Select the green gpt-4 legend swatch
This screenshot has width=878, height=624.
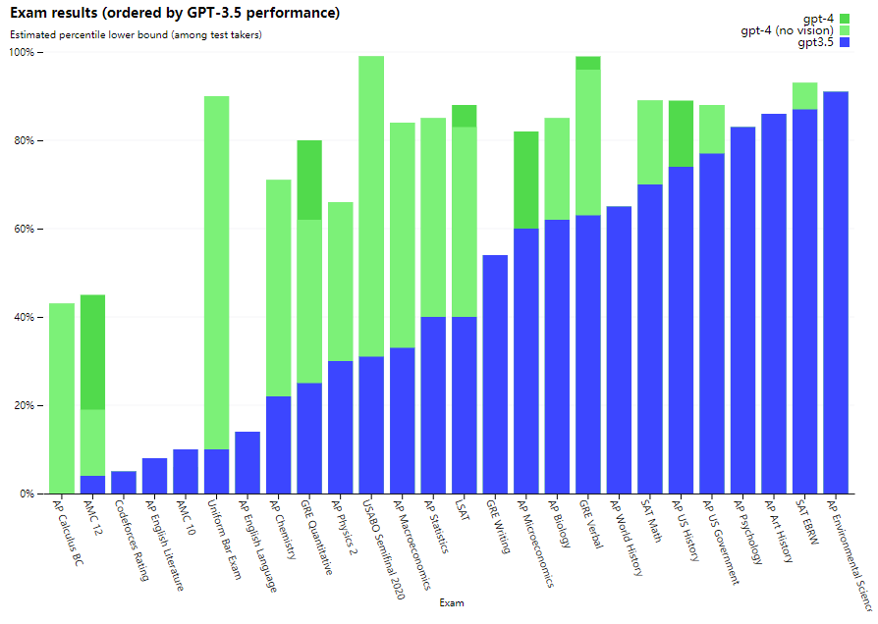pos(844,19)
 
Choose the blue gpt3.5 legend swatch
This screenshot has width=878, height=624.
pos(844,43)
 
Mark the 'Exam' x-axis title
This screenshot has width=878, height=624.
pos(452,602)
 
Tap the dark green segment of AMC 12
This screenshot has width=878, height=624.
pos(92,352)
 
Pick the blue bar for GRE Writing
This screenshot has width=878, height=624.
pos(495,374)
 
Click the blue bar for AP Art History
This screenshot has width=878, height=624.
pos(774,303)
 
